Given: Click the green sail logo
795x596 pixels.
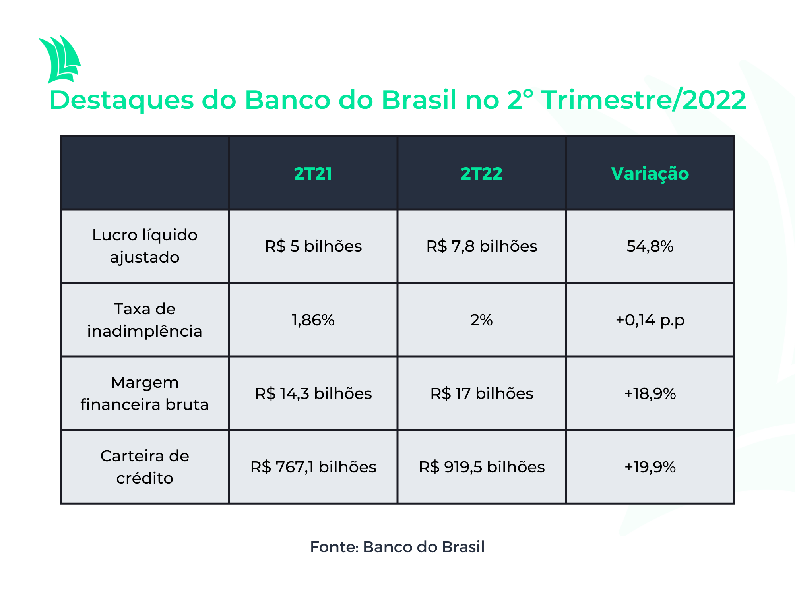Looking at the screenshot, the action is pyautogui.click(x=60, y=60).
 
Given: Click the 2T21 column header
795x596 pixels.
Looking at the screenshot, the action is pyautogui.click(x=313, y=174).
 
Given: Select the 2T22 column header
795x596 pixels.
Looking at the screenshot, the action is pyautogui.click(x=481, y=174).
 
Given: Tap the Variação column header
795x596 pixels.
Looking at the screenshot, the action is pyautogui.click(x=650, y=174).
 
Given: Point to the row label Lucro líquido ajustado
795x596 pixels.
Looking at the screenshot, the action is pyautogui.click(x=145, y=246).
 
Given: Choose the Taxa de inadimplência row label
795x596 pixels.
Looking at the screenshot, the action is pyautogui.click(x=145, y=320).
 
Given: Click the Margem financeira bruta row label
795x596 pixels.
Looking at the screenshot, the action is pyautogui.click(x=145, y=393).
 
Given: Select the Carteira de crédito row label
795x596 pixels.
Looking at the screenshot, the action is pyautogui.click(x=145, y=467).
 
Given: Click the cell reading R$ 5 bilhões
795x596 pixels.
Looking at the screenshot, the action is pyautogui.click(x=313, y=246).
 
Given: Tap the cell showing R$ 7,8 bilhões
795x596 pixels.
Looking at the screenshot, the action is pyautogui.click(x=482, y=246).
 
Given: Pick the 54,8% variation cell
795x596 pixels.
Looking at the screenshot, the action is pyautogui.click(x=650, y=246).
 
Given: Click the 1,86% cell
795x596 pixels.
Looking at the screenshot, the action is pyautogui.click(x=313, y=320).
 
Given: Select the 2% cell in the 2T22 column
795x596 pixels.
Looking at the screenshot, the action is pyautogui.click(x=481, y=320).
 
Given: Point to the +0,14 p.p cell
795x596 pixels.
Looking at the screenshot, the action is pyautogui.click(x=650, y=320).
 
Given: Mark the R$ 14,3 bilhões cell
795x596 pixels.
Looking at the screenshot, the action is pyautogui.click(x=313, y=394).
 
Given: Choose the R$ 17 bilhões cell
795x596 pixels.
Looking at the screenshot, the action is pyautogui.click(x=482, y=394).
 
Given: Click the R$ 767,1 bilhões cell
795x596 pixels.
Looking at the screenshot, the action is pyautogui.click(x=313, y=467).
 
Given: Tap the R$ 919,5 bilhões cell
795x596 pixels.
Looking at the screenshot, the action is pyautogui.click(x=482, y=467).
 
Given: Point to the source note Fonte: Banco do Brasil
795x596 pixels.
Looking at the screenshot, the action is pyautogui.click(x=397, y=547).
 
